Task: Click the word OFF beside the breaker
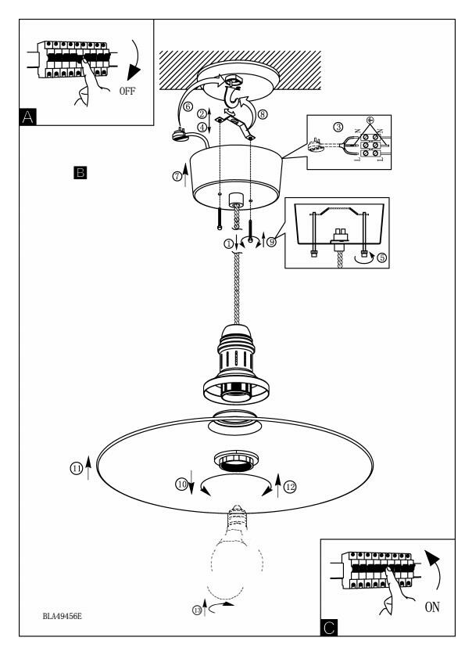point(127,91)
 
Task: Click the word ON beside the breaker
point(432,607)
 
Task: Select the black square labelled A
point(27,117)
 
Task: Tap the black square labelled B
point(80,173)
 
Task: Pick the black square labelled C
point(329,628)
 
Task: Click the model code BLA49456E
point(62,617)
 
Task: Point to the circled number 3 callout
point(338,127)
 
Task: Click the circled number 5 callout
point(381,257)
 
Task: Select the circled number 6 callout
point(188,106)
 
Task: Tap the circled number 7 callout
point(177,177)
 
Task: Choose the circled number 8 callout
point(263,114)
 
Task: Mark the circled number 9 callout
point(271,242)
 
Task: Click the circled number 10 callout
point(181,484)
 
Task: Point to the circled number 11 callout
point(77,468)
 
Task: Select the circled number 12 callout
point(290,487)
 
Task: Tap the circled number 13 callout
point(197,610)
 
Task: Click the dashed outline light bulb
point(237,551)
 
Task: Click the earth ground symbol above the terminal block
point(370,121)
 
